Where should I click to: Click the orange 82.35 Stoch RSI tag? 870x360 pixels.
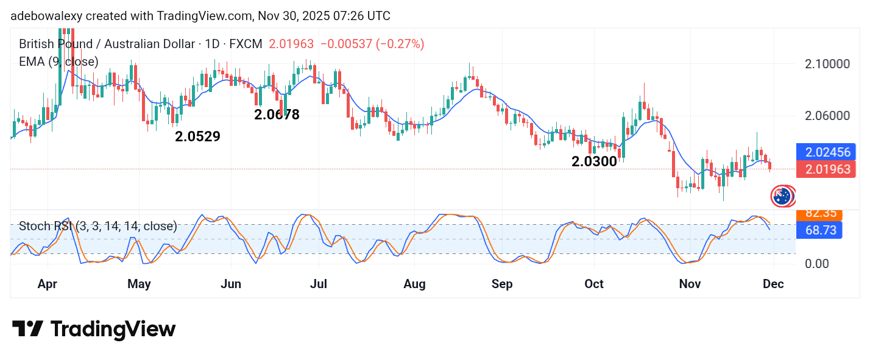[x=819, y=214]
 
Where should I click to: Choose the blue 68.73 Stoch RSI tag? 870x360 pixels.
[x=819, y=230]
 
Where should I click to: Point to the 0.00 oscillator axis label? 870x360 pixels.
[x=816, y=264]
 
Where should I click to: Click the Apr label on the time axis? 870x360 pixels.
[x=48, y=284]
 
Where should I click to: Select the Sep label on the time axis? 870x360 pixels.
[x=502, y=284]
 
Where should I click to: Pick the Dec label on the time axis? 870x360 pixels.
[x=773, y=284]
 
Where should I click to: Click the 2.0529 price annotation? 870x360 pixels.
[x=197, y=137]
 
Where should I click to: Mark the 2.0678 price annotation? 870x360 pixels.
[x=277, y=115]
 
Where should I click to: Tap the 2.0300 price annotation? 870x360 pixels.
[x=594, y=162]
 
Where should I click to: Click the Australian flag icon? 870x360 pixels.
[x=782, y=196]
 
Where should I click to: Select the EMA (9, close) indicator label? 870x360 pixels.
[x=58, y=62]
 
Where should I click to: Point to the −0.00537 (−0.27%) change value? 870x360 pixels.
[x=372, y=44]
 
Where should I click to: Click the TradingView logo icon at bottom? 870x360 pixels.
[x=27, y=330]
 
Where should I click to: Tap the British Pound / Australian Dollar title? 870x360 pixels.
[x=107, y=44]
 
